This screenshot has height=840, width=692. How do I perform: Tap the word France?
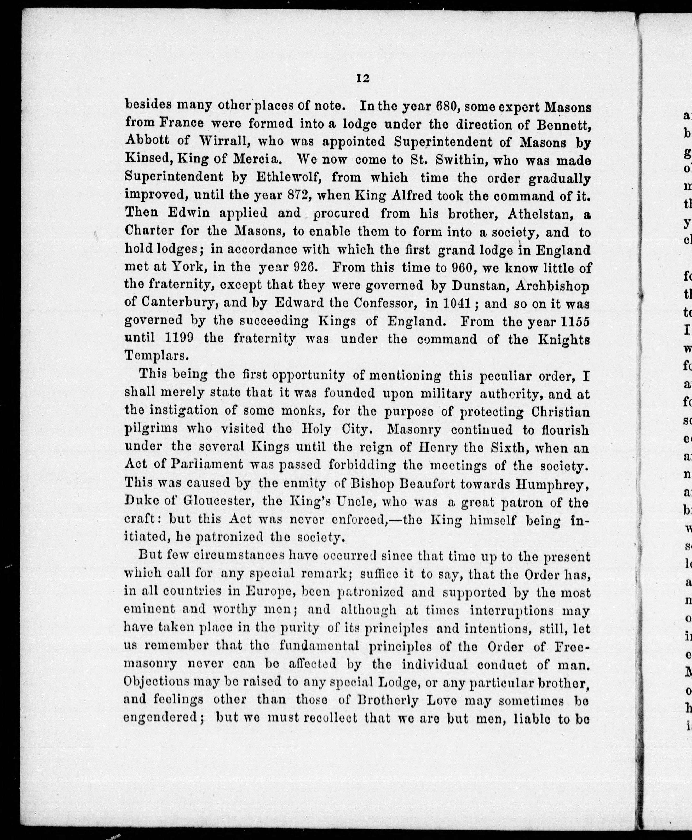(181, 124)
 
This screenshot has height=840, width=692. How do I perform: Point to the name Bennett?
(563, 125)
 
